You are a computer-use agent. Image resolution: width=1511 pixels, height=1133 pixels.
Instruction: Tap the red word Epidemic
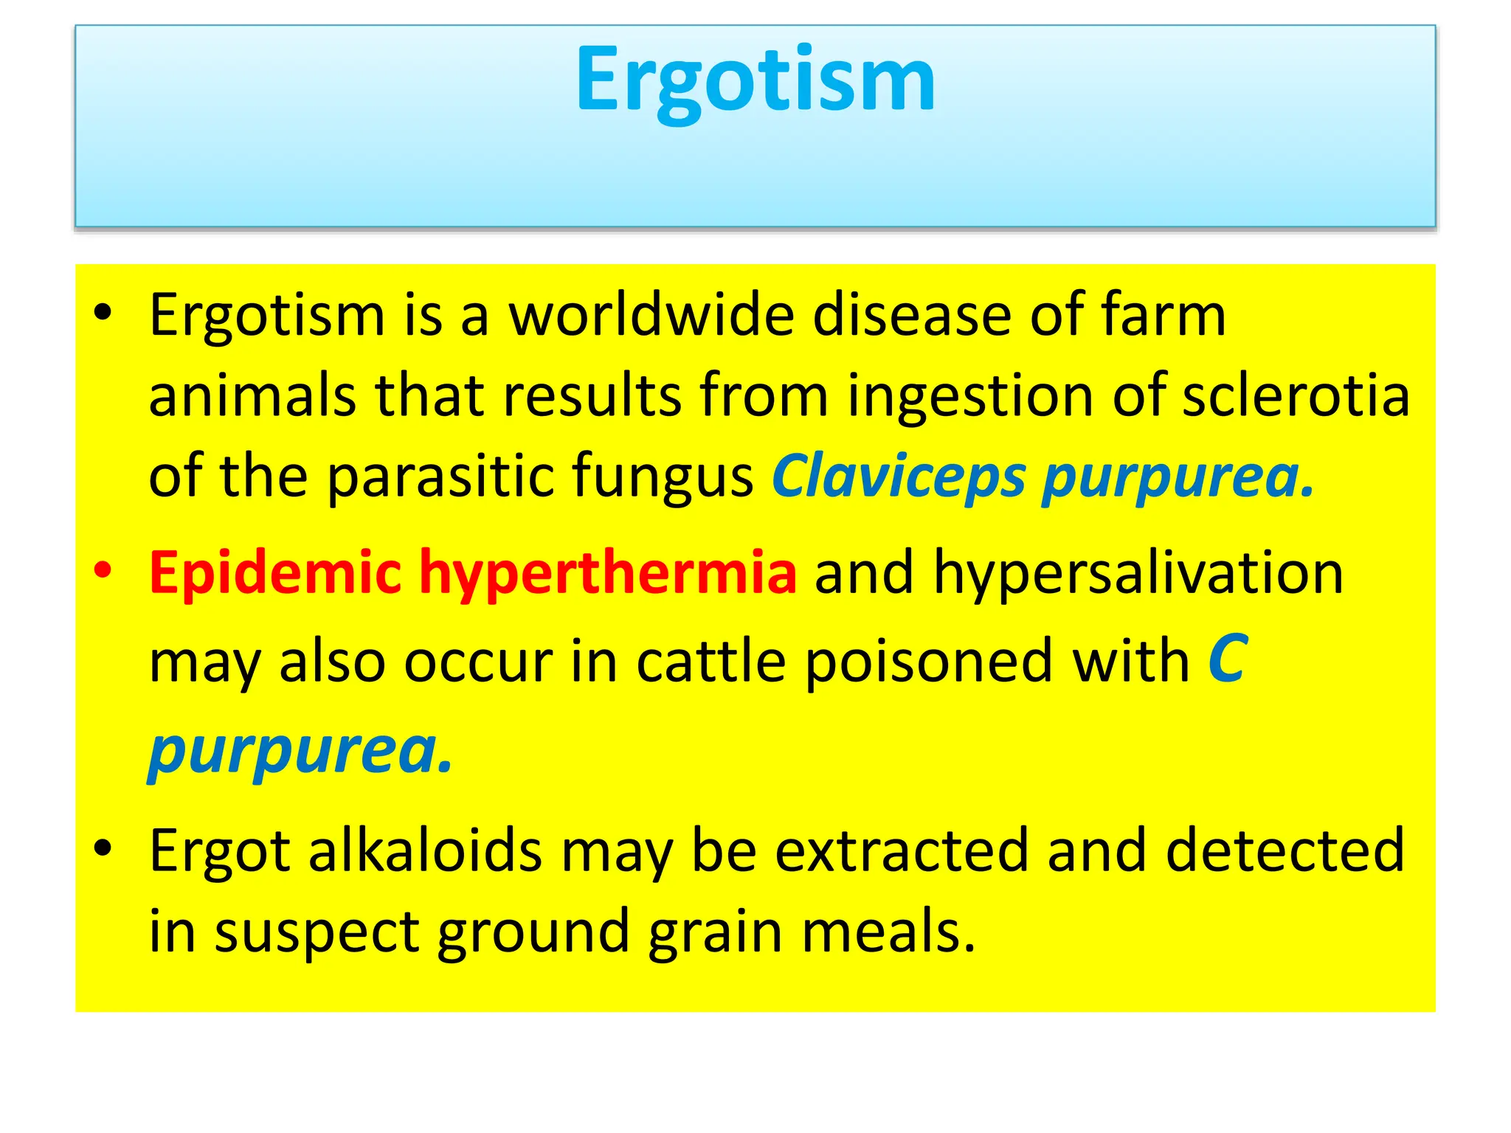[x=275, y=573]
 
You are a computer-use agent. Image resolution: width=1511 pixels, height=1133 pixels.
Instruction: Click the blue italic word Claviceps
[x=899, y=477]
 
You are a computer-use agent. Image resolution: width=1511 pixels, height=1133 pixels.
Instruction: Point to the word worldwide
[x=651, y=315]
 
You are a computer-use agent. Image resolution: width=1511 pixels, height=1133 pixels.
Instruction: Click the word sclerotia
[x=1296, y=395]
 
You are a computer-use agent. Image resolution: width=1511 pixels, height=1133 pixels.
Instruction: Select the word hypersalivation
[x=1138, y=573]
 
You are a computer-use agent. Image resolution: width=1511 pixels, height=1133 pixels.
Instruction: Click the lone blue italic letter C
[x=1228, y=659]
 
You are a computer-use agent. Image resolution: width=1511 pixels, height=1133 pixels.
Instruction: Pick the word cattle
[x=710, y=661]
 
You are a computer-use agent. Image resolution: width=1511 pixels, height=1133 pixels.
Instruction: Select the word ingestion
[x=970, y=395]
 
